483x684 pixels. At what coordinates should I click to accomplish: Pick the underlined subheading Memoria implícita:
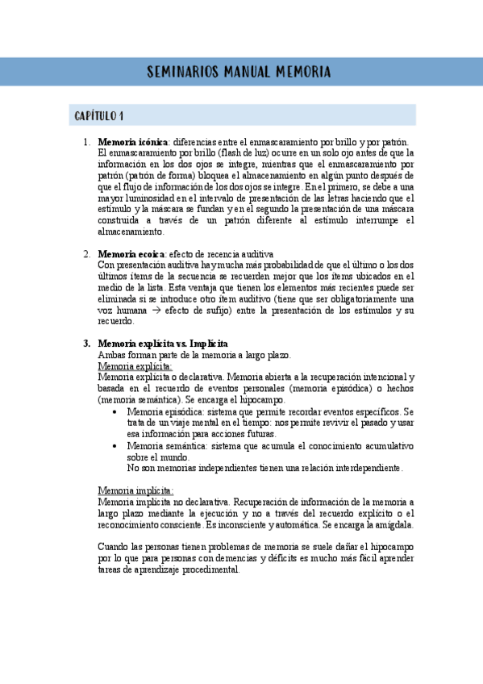point(135,490)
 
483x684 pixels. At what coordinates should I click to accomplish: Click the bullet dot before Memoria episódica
point(118,411)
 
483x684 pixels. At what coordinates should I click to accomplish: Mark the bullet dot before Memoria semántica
point(118,445)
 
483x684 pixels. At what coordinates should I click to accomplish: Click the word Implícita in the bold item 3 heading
point(208,344)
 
